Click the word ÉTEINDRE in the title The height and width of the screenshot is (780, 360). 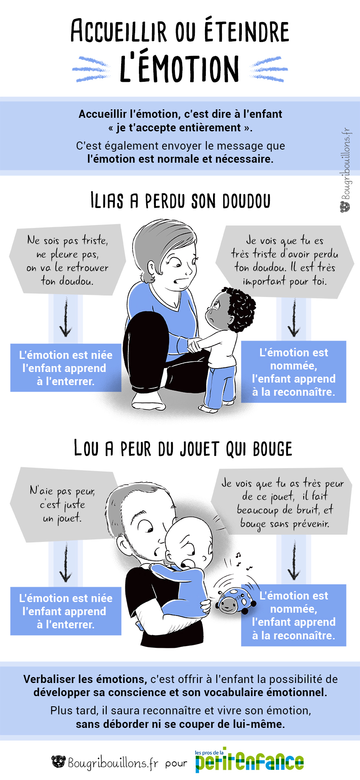(247, 30)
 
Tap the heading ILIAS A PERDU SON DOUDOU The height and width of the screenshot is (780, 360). (180, 201)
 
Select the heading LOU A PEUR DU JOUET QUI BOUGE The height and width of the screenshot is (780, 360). (183, 448)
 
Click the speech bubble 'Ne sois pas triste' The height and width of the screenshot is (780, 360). (67, 260)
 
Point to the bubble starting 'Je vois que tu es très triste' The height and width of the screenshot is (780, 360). (285, 261)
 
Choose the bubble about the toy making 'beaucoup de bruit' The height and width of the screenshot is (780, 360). (283, 503)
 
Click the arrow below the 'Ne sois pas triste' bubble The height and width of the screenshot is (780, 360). (66, 317)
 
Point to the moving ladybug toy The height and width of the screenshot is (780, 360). (235, 598)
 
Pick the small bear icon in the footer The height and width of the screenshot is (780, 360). (58, 761)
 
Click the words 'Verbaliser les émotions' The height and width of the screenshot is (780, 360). (85, 679)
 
